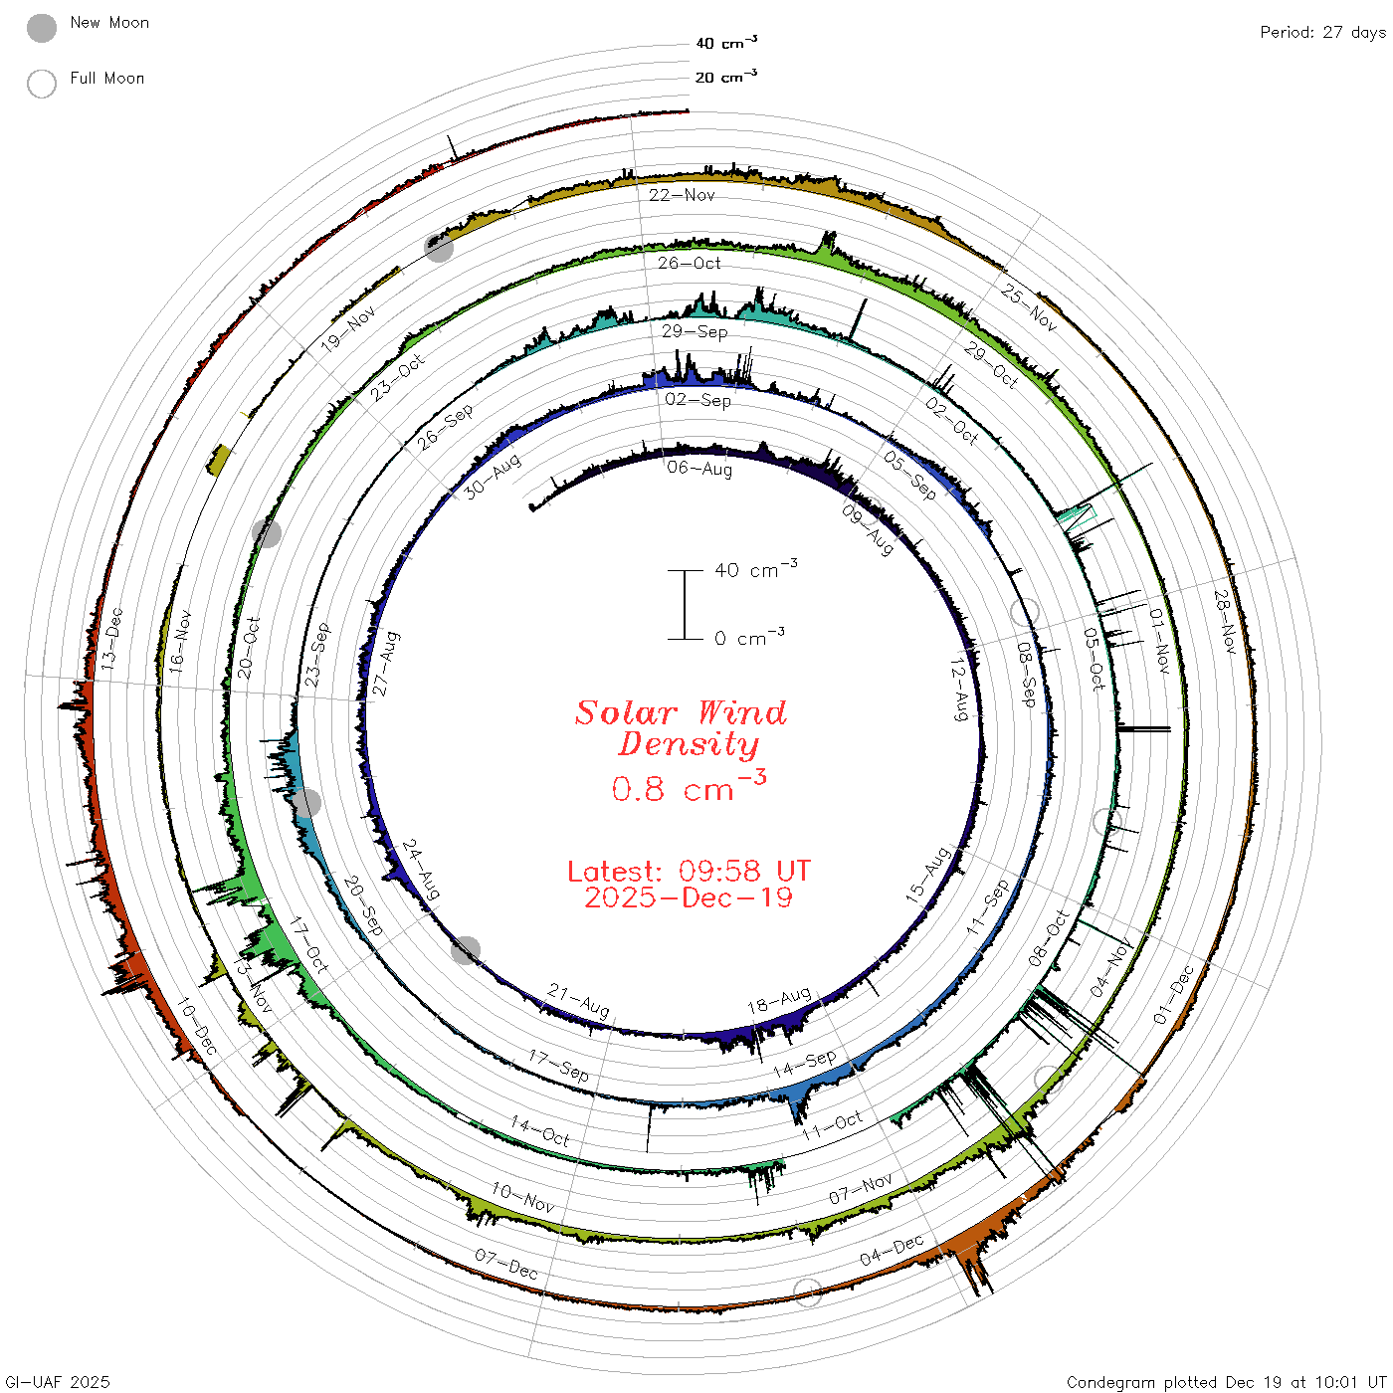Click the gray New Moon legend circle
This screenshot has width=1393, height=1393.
click(42, 28)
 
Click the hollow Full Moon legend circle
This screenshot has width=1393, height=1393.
click(42, 84)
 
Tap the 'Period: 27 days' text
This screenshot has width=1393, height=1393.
click(1323, 33)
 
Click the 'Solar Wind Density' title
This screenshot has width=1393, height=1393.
click(681, 728)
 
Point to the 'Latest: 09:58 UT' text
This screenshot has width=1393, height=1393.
click(689, 871)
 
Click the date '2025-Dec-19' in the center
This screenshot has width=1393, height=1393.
click(689, 897)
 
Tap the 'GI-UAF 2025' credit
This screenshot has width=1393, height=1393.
click(57, 1382)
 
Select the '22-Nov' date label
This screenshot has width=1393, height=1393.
click(682, 195)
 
